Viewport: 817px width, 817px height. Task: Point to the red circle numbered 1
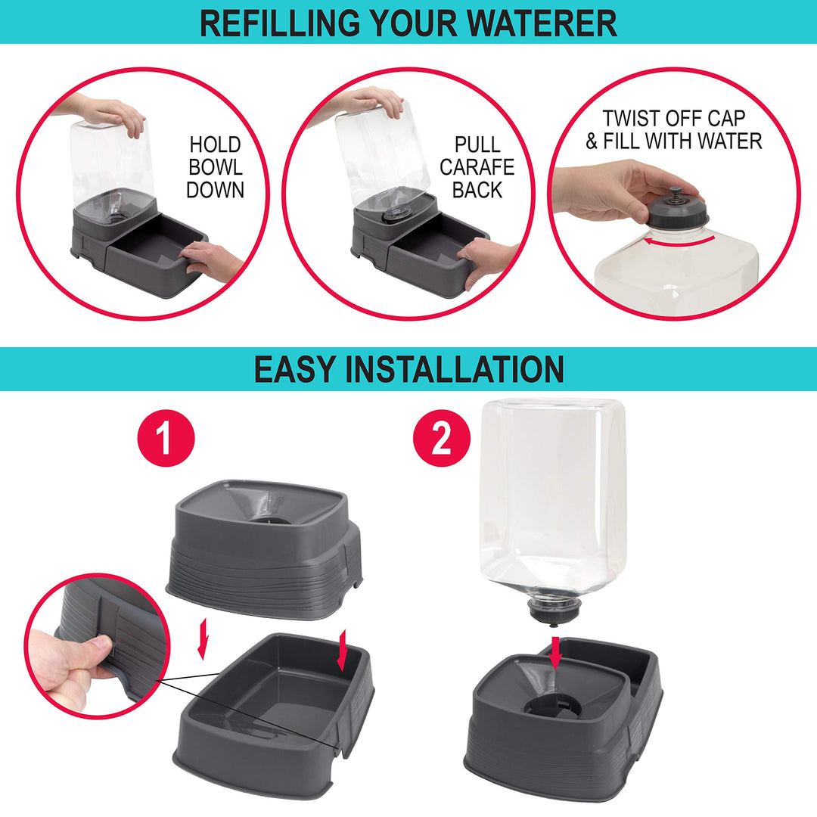click(x=166, y=438)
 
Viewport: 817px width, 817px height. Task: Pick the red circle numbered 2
click(x=441, y=438)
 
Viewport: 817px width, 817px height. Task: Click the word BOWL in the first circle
click(x=215, y=167)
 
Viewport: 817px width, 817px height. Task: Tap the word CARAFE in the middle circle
click(x=477, y=167)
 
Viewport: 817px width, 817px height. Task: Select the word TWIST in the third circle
click(x=629, y=118)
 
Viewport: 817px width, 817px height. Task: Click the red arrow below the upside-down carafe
click(x=555, y=652)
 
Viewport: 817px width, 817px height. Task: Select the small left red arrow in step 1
click(x=203, y=638)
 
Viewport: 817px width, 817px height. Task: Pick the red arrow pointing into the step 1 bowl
click(x=343, y=650)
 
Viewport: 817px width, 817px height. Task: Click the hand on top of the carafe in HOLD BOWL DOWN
click(x=104, y=113)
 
